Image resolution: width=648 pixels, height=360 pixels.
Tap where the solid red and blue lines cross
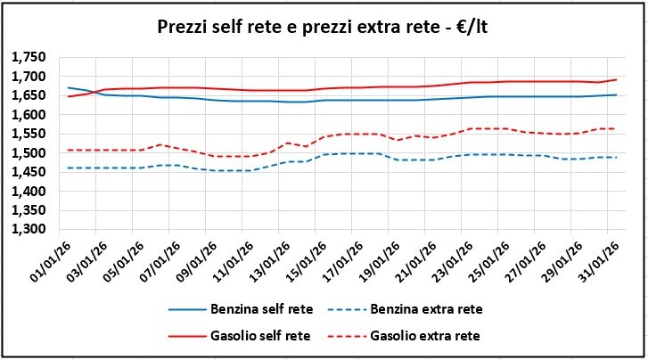point(95,91)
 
